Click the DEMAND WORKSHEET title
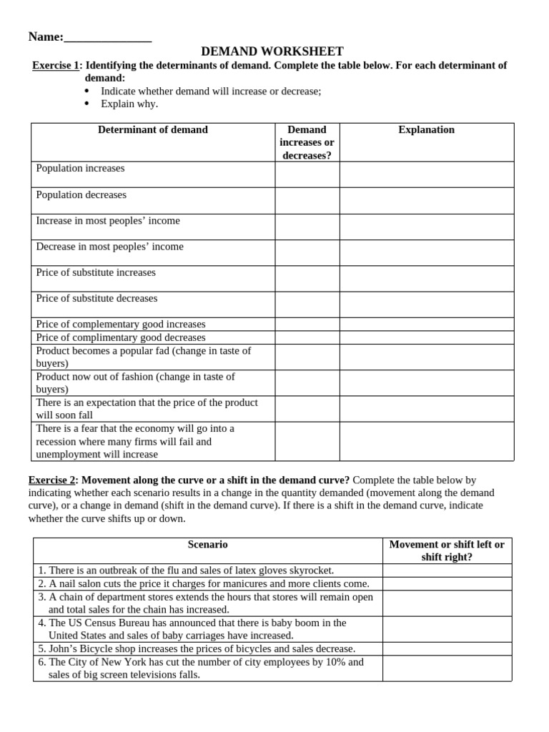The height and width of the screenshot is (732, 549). pyautogui.click(x=272, y=51)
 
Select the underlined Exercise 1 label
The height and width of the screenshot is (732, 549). pyautogui.click(x=56, y=66)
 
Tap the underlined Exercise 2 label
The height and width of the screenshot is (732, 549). pyautogui.click(x=52, y=480)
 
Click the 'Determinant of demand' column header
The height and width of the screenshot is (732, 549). pyautogui.click(x=152, y=130)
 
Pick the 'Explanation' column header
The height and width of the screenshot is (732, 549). pyautogui.click(x=426, y=130)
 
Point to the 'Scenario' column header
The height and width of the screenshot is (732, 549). pyautogui.click(x=207, y=545)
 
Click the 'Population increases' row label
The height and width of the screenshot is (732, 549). pyautogui.click(x=80, y=169)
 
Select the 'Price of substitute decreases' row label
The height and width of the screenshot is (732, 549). pyautogui.click(x=97, y=298)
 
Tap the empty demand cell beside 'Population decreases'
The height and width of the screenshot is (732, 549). pyautogui.click(x=307, y=200)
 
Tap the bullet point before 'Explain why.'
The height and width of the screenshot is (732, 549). pyautogui.click(x=87, y=104)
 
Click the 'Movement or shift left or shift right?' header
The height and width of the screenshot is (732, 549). pyautogui.click(x=446, y=550)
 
